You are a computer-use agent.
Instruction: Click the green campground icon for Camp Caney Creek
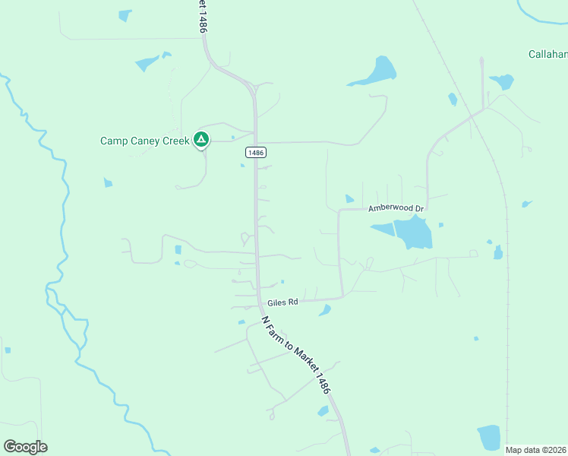tap(201, 139)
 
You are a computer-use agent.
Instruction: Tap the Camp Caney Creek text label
tap(144, 141)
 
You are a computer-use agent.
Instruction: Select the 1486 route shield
tap(256, 153)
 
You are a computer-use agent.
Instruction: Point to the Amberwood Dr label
tap(396, 207)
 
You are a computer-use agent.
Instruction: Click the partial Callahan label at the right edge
tap(548, 54)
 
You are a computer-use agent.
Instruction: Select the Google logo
tap(25, 447)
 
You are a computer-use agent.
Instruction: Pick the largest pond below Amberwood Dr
tap(414, 232)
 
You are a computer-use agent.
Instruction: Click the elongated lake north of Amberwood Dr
tap(376, 72)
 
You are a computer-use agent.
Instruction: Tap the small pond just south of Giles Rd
tap(325, 310)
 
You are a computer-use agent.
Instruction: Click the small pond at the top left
tap(125, 14)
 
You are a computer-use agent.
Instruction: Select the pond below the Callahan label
tap(502, 81)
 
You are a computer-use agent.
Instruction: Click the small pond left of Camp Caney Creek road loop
tap(108, 182)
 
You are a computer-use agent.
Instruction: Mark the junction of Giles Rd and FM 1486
tap(260, 298)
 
